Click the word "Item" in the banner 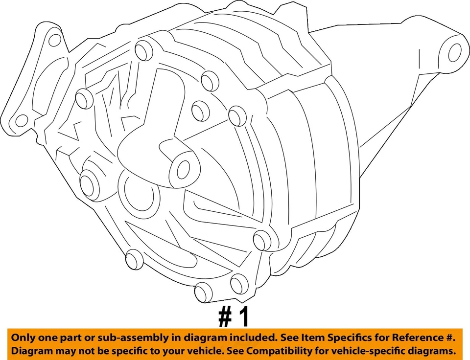coord(318,338)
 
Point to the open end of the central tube coord(183,169)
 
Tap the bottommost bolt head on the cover coord(203,293)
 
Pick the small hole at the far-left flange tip coord(21,120)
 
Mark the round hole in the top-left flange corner coord(55,40)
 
